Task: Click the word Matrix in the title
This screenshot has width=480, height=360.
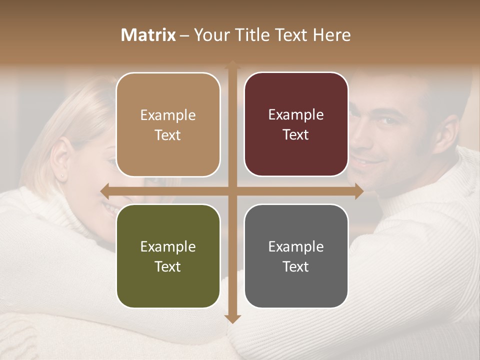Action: pos(148,35)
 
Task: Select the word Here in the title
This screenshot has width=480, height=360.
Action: pos(331,35)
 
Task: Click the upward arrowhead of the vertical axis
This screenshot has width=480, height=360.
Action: pos(232,65)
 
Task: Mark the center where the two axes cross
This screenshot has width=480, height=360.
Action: pos(232,191)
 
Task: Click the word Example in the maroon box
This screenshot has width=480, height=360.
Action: pos(296,115)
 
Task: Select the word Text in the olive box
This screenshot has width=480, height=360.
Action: pos(168,266)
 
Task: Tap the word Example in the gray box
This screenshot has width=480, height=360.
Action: pos(296,246)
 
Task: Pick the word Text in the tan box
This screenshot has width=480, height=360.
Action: pos(168,135)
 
